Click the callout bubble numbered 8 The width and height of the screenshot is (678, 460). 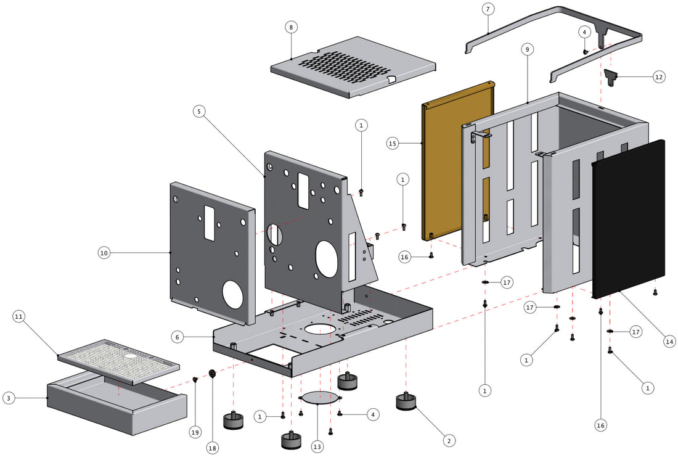click(x=291, y=27)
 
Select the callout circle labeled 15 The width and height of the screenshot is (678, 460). click(x=392, y=143)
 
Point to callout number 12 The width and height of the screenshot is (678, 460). click(x=659, y=77)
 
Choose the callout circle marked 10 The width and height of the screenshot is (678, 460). click(x=104, y=252)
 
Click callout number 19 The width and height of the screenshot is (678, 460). click(x=195, y=432)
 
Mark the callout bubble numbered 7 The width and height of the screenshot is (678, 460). click(x=488, y=9)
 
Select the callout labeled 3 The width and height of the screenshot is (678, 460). click(x=8, y=398)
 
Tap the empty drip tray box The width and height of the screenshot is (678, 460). click(x=117, y=404)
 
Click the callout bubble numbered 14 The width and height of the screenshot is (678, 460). click(x=669, y=340)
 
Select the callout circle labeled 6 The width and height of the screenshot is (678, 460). click(x=178, y=337)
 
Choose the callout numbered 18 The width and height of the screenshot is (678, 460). click(x=213, y=448)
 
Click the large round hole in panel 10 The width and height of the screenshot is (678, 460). click(x=233, y=295)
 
